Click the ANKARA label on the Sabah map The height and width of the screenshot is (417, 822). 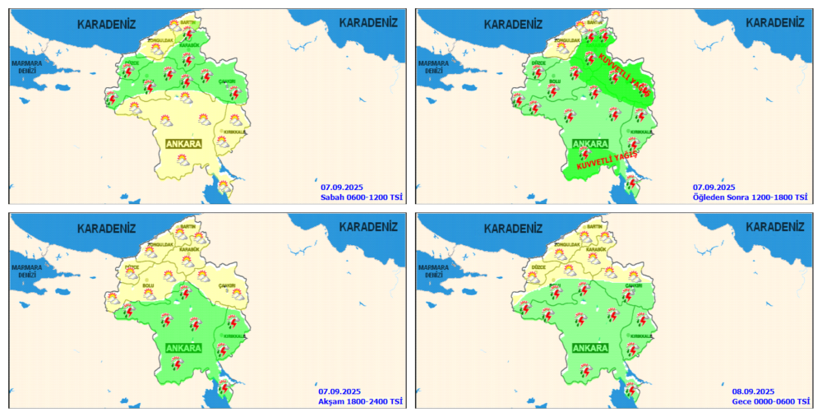pyautogui.click(x=183, y=144)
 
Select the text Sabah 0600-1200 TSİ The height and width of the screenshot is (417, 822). pyautogui.click(x=361, y=197)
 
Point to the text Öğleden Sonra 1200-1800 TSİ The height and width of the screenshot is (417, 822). pyautogui.click(x=750, y=197)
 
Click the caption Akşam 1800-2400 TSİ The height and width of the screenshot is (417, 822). pyautogui.click(x=361, y=401)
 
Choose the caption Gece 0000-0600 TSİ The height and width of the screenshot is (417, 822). pyautogui.click(x=769, y=401)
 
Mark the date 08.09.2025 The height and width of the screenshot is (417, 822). pyautogui.click(x=753, y=391)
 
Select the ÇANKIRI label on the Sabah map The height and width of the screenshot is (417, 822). pyautogui.click(x=228, y=81)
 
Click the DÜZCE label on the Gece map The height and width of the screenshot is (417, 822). pyautogui.click(x=539, y=267)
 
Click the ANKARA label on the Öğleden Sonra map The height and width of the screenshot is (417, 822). pyautogui.click(x=589, y=144)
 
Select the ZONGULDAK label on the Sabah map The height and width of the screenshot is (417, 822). pyautogui.click(x=159, y=39)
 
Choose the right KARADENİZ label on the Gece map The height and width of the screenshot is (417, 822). pyautogui.click(x=774, y=227)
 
